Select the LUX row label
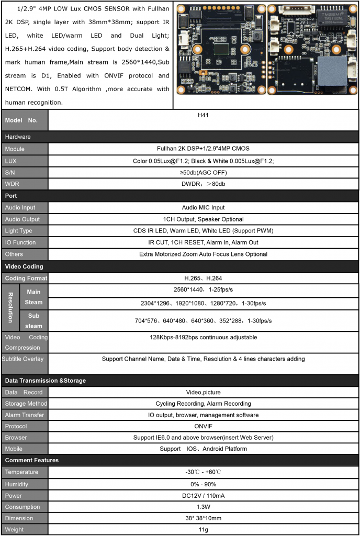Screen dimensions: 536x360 point(11,161)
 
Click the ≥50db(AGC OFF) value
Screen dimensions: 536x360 point(203,172)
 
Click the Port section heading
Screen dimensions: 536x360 point(11,196)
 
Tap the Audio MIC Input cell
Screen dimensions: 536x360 point(203,208)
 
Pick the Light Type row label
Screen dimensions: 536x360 point(18,231)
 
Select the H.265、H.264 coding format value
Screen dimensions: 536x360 point(203,278)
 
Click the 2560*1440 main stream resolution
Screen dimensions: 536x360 point(203,289)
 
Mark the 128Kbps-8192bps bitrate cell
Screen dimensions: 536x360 point(203,338)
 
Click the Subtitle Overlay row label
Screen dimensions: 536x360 point(23,359)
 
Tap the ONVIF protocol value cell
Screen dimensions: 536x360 point(203,426)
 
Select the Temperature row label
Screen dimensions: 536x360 point(21,472)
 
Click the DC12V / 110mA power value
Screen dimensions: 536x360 point(203,495)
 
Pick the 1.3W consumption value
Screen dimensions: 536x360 point(203,507)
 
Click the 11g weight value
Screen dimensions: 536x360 point(203,529)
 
